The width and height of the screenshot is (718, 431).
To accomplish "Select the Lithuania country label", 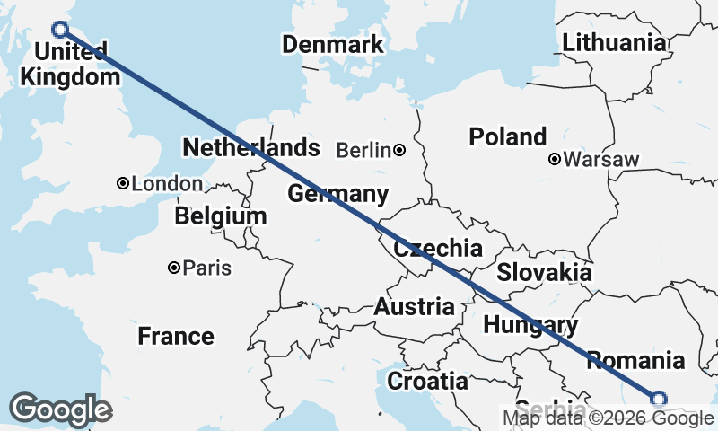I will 614,42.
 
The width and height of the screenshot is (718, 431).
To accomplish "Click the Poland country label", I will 507,137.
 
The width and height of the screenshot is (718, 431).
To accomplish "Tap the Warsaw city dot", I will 555,160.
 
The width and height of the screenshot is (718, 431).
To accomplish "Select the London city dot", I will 123,183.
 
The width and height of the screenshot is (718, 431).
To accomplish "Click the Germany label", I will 337,194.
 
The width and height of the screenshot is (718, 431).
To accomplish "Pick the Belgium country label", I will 221,216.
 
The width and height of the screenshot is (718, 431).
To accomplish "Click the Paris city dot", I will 175,268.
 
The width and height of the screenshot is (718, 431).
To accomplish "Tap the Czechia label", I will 438,249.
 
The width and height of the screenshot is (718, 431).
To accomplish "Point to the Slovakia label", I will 544,273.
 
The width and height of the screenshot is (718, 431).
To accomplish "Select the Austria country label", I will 414,306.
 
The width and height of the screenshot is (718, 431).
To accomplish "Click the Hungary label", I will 530,325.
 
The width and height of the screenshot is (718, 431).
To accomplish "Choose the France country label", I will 176,337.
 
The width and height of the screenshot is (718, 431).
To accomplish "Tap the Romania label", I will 635,361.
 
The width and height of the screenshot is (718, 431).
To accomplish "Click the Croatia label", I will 427,382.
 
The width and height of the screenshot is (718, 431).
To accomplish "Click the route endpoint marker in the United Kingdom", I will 60,29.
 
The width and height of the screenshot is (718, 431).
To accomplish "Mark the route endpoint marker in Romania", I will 658,399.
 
